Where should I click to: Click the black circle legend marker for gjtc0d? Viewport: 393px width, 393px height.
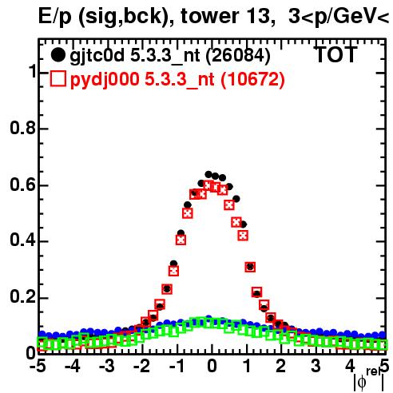tap(58, 55)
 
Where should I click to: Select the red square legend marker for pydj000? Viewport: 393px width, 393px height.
tap(58, 79)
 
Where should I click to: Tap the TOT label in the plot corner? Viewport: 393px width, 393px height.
tap(336, 55)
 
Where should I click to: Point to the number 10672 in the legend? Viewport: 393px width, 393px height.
tap(252, 79)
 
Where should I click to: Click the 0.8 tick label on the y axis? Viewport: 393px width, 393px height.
tap(23, 128)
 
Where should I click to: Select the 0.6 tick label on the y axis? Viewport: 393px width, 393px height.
tap(23, 185)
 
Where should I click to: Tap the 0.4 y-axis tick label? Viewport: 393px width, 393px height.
tap(23, 240)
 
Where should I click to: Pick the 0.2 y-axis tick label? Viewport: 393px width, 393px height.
tap(23, 297)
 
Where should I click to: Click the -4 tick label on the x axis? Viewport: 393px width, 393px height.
tap(72, 366)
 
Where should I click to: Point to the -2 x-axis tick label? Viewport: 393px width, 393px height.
tap(141, 366)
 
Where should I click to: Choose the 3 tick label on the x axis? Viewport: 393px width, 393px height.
tap(316, 366)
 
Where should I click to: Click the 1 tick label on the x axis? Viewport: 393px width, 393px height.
tap(247, 366)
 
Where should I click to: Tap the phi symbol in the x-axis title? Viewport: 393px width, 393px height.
tap(362, 383)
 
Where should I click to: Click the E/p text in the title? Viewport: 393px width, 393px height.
tap(55, 17)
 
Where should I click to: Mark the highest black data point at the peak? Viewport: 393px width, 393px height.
tap(208, 175)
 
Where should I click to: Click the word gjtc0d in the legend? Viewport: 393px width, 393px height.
tap(97, 56)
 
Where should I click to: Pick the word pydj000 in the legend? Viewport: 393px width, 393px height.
tap(105, 80)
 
